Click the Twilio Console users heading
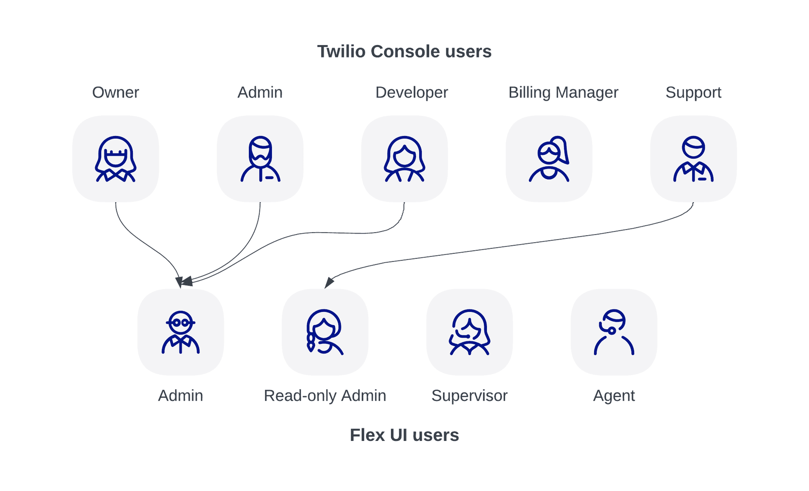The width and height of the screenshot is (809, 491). coord(404,52)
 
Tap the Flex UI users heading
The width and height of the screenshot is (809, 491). coord(404,435)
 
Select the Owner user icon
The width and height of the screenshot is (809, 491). coord(115,159)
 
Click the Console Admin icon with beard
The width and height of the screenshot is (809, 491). coord(260,159)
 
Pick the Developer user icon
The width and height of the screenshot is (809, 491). coord(404,159)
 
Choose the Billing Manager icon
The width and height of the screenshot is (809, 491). coord(549,159)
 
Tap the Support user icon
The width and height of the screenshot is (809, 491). coord(693,159)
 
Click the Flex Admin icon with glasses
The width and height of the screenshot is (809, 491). coord(181,332)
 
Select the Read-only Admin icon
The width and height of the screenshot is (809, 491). coord(325,332)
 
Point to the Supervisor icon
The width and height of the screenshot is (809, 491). coord(469,332)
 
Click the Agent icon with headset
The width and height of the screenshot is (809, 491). coord(614,332)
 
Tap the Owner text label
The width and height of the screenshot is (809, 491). coord(115,93)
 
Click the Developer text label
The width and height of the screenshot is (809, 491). coord(412,93)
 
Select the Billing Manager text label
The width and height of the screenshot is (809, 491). coord(563,93)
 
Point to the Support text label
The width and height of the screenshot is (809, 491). coord(693,93)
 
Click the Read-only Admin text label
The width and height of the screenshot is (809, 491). coord(325,395)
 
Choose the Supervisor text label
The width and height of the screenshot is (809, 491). coord(469,395)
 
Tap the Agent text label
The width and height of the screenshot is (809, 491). coord(614,395)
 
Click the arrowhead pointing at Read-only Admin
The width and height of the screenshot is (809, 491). coord(329,283)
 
